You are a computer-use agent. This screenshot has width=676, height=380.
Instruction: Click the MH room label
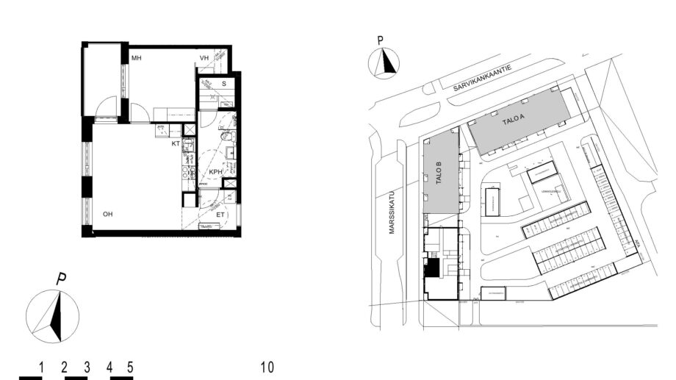(137, 58)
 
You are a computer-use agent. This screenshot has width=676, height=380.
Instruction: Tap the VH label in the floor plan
(205, 58)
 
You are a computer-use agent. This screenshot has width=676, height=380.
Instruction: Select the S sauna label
(223, 84)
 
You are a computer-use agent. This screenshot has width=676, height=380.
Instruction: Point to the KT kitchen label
(176, 144)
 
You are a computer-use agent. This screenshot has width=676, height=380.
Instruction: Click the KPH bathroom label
(215, 172)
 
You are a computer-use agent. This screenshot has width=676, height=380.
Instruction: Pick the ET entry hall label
(220, 215)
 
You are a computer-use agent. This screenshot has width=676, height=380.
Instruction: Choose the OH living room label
(107, 215)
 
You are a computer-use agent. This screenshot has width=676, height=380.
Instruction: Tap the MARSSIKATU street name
(391, 214)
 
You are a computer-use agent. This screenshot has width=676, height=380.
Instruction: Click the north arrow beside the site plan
(383, 63)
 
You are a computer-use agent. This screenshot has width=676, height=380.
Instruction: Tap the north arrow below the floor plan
(53, 315)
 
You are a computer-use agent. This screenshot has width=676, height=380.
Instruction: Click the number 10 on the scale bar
(267, 367)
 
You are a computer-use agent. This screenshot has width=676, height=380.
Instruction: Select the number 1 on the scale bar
(43, 367)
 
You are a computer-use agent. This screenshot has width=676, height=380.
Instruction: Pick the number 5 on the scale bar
(130, 367)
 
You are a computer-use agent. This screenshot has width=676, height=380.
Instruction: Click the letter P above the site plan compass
(380, 41)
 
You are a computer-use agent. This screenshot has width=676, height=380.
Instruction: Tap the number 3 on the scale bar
(87, 367)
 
